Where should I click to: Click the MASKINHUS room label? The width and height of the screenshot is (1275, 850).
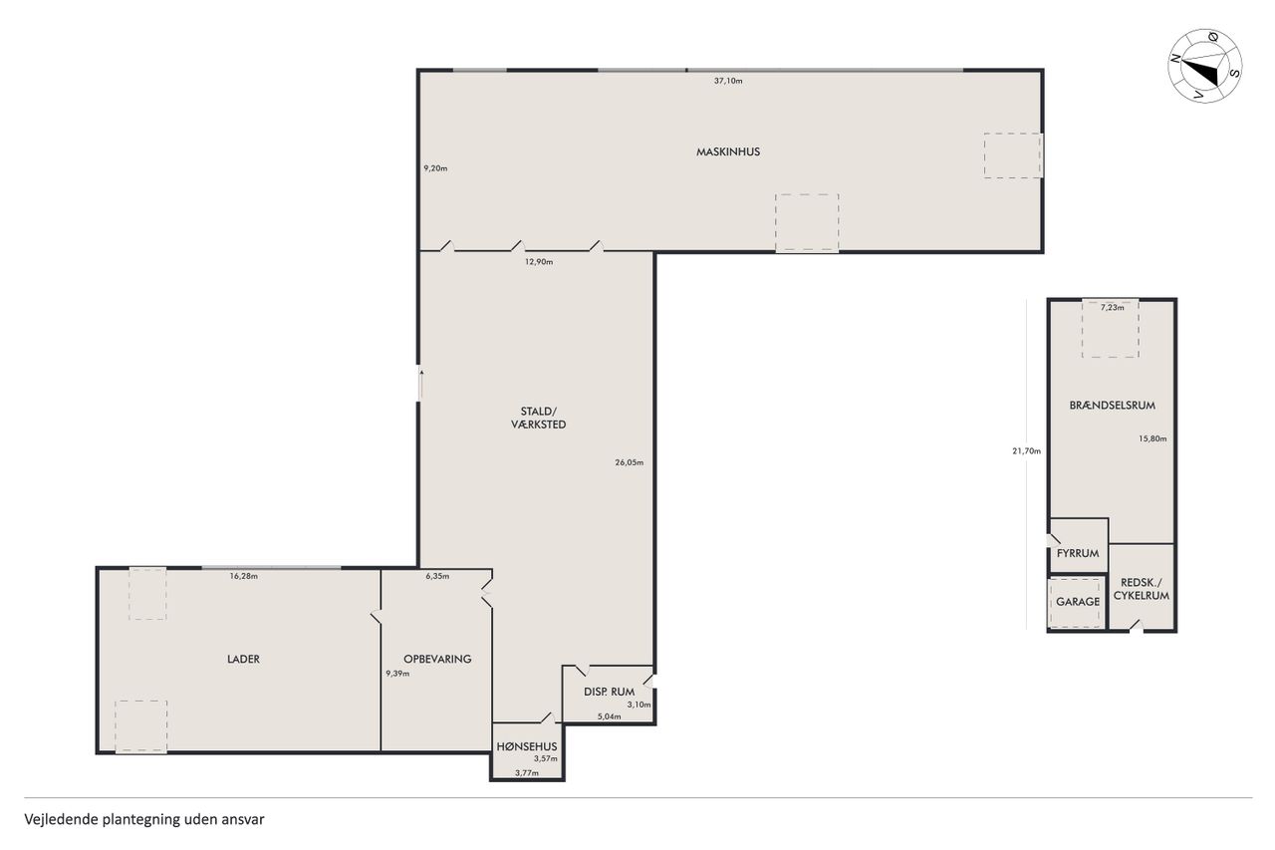point(728,152)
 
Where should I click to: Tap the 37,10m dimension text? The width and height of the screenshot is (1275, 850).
point(728,81)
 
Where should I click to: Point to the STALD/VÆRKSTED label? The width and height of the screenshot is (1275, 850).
point(539,418)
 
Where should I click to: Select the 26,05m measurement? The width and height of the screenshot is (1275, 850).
point(629,462)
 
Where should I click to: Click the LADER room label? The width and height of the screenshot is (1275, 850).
point(243,660)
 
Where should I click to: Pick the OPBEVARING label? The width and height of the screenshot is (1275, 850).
point(437,660)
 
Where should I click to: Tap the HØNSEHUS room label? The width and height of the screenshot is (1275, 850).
point(527,746)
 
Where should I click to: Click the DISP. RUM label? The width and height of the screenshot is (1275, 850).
point(609,692)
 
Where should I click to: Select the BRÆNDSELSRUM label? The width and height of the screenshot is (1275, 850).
point(1113,406)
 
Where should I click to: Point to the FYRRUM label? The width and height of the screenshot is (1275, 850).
point(1078,553)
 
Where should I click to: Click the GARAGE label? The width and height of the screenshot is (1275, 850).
point(1078,602)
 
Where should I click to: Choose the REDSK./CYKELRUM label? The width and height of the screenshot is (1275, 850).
point(1142,589)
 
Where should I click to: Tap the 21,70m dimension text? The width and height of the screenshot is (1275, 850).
point(1026,450)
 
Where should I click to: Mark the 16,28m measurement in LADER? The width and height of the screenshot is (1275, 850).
point(244,576)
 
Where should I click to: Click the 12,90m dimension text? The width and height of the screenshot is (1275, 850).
point(539,262)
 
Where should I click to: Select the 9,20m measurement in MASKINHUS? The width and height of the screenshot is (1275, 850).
point(435,168)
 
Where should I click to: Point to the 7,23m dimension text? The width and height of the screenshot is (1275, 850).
point(1113,308)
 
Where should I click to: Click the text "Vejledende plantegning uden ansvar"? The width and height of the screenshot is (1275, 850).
point(144,819)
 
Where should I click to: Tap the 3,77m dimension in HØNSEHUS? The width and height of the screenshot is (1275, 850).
point(527,772)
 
